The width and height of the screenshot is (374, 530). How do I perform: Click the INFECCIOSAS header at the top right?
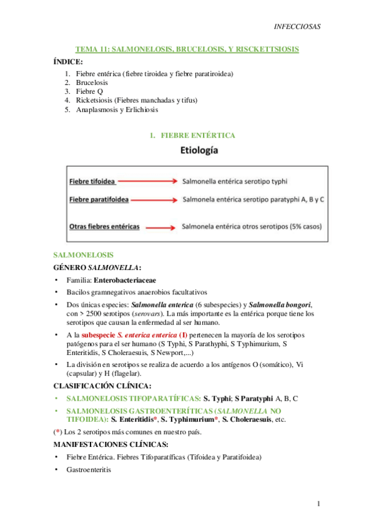click(297, 27)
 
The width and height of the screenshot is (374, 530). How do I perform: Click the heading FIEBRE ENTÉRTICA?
click(198, 135)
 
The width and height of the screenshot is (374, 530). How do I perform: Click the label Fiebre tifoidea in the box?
click(91, 181)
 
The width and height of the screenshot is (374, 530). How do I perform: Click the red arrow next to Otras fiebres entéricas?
click(159, 226)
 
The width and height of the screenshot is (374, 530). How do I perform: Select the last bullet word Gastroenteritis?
click(88, 469)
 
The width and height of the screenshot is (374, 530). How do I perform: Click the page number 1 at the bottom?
click(318, 504)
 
